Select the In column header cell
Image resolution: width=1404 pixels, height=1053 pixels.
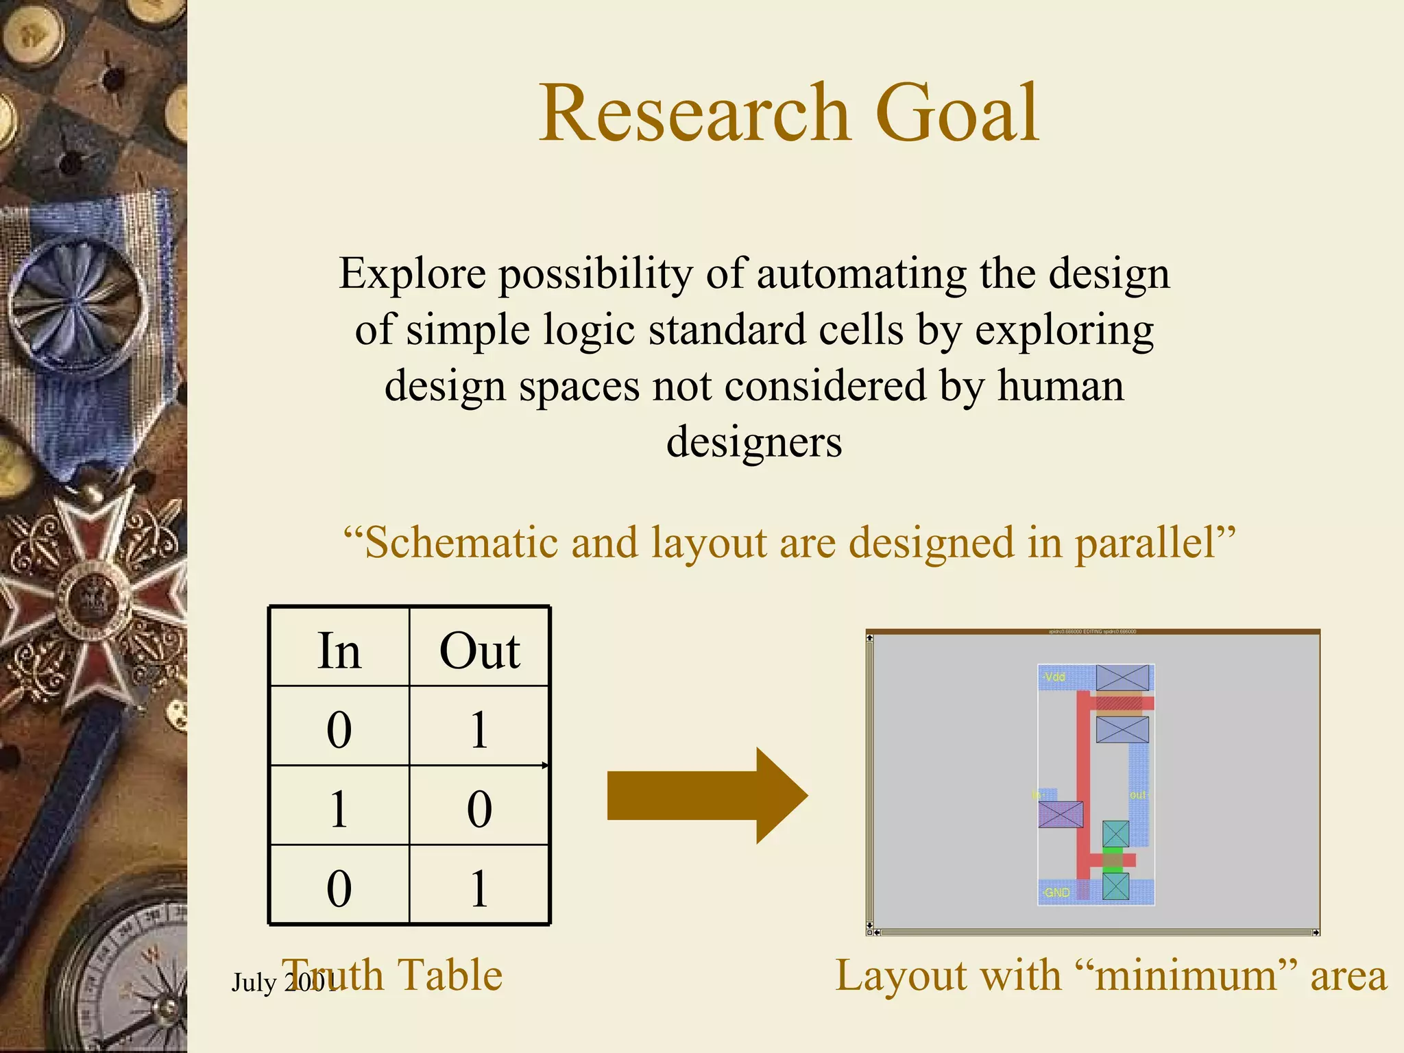[x=339, y=649]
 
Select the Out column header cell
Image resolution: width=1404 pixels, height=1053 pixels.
[x=479, y=649]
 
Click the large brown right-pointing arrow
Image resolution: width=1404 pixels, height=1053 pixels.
[x=706, y=795]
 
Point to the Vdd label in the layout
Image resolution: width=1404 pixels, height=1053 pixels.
[x=1054, y=677]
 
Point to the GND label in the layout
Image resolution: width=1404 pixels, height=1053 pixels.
[x=1056, y=893]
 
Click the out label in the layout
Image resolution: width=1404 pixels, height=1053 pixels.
[x=1137, y=795]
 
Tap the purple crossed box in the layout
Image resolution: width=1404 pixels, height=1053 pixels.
[x=1061, y=814]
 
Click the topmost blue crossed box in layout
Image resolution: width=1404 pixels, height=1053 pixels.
[x=1122, y=677]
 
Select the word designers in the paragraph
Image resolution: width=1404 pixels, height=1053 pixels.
[x=754, y=442]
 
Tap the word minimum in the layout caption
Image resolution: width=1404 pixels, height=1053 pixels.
[x=1186, y=976]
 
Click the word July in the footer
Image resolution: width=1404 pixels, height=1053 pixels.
[x=254, y=982]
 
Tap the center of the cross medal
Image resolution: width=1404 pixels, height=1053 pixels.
[x=93, y=596]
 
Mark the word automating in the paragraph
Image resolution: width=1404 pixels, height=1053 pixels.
[x=861, y=274]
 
